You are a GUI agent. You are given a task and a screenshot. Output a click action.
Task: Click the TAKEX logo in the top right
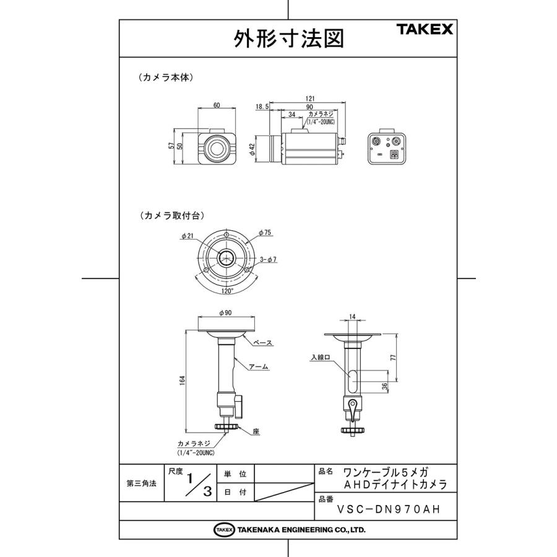tap(424, 28)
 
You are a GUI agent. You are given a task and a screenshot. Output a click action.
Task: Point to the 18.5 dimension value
tap(261, 107)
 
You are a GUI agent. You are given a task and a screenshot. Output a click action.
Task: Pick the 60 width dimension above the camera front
tap(216, 105)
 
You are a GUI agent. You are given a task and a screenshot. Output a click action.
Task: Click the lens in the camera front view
tap(216, 147)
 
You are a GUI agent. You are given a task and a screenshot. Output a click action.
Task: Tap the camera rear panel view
tap(386, 147)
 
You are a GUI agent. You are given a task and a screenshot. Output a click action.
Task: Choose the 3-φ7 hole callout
tap(267, 260)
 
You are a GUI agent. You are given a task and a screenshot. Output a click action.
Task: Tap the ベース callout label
tap(263, 342)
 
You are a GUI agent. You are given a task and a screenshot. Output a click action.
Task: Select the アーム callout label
tap(259, 366)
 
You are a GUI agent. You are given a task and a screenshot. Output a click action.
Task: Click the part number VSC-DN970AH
tap(389, 511)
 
